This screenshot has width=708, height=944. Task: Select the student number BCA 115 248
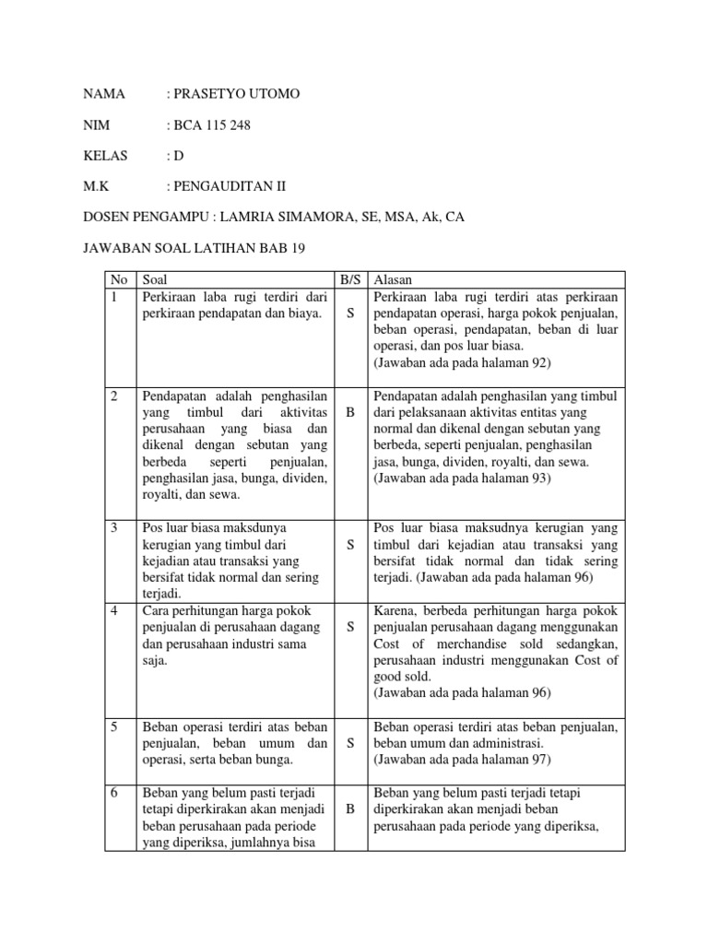pos(218,125)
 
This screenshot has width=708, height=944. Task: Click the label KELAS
pos(106,156)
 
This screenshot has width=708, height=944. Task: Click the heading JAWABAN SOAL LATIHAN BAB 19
pos(195,247)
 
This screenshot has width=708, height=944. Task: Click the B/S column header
pos(349,278)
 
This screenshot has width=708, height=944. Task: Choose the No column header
pos(119,278)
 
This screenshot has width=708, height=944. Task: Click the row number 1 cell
pos(115,296)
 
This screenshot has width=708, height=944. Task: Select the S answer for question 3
pos(349,545)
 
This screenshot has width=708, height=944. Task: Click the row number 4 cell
pos(115,610)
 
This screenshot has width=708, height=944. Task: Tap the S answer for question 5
pos(349,743)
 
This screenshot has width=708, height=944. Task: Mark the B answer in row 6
pos(349,808)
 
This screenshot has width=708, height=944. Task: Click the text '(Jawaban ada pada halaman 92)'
pos(461,363)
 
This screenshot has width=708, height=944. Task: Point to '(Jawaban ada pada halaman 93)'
pos(461,478)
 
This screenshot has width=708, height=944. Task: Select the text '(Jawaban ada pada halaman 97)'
pos(461,760)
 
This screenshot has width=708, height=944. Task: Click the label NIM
pos(97,125)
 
